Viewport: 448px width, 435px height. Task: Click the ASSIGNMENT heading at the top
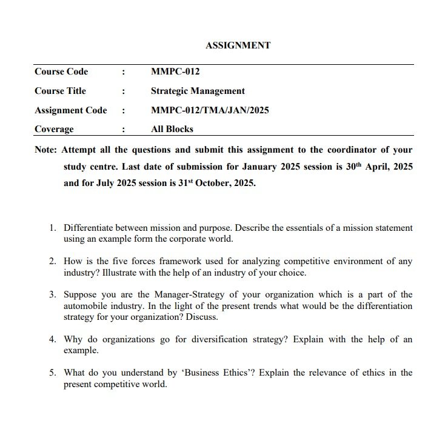point(238,45)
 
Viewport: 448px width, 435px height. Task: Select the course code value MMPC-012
point(175,71)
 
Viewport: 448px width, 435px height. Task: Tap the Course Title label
point(60,91)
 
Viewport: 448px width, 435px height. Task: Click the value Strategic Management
point(198,91)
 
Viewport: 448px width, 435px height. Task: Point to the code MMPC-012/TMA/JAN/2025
point(210,110)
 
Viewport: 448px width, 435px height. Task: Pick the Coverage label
point(54,129)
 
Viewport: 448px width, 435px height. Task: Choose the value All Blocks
point(172,129)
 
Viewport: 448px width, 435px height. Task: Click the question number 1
point(53,228)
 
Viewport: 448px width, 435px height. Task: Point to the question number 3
point(53,295)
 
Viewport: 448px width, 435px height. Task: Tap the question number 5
point(53,373)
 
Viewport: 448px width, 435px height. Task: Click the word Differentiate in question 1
point(90,228)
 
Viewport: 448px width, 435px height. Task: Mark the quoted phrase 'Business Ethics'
point(220,373)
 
